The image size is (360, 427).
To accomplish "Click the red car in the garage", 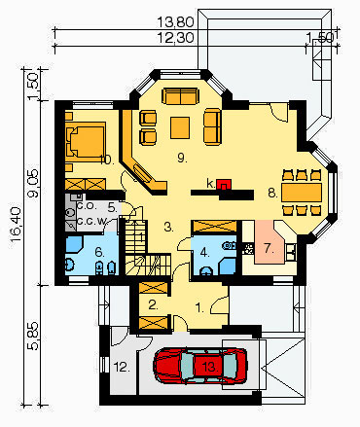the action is click(x=200, y=366).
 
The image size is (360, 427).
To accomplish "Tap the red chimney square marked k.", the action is click(x=224, y=185).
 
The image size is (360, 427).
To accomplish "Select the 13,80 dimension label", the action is click(x=176, y=22).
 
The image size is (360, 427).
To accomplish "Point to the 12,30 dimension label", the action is click(x=176, y=38).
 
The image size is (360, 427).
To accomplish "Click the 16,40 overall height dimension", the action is click(x=16, y=224).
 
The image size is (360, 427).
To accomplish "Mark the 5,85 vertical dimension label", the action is click(x=33, y=337).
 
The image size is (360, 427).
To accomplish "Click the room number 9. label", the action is click(x=182, y=158).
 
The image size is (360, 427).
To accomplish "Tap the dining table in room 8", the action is click(x=302, y=193).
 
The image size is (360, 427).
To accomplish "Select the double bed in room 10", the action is click(x=86, y=142).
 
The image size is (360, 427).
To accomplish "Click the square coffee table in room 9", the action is click(x=180, y=127).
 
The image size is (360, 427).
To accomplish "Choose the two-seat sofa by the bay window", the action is click(x=180, y=96).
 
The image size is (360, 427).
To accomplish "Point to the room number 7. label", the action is click(x=270, y=249).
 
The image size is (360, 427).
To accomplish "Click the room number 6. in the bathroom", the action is click(x=99, y=252).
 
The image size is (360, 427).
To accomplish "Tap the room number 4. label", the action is click(x=204, y=252).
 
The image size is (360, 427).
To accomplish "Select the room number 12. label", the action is click(x=122, y=368).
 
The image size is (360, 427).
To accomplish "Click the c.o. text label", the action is click(x=87, y=205).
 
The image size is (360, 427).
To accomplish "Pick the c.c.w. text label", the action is click(x=92, y=222).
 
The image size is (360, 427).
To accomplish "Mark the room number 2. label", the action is click(x=153, y=304).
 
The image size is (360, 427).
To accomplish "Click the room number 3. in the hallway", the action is click(x=168, y=228).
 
